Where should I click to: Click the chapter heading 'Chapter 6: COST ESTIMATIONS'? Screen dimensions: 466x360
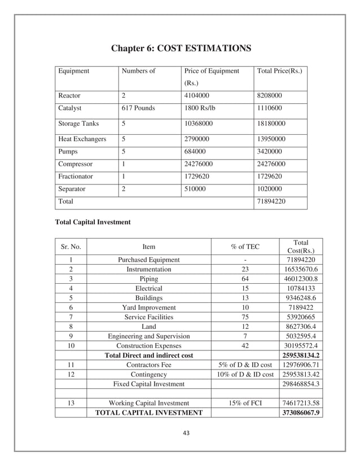(180, 49)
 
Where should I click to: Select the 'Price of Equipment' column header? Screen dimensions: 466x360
(212, 72)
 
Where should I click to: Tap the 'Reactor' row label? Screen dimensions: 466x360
(69, 96)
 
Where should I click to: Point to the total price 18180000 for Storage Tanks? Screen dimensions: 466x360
(271, 123)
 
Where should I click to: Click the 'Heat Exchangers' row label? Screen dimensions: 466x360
(82, 139)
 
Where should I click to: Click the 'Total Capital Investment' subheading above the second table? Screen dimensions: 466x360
(92, 222)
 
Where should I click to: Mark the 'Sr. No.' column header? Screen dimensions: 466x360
(71, 247)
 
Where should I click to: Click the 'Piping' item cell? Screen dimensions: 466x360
(148, 279)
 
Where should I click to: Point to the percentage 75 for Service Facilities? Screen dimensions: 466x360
(245, 317)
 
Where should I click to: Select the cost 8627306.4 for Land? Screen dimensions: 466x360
(297, 327)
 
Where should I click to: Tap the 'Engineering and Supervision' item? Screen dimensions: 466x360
(148, 336)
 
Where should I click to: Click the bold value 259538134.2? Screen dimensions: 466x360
(297, 355)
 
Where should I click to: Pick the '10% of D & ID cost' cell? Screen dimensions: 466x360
(245, 375)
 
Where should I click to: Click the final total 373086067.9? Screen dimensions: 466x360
(297, 413)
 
